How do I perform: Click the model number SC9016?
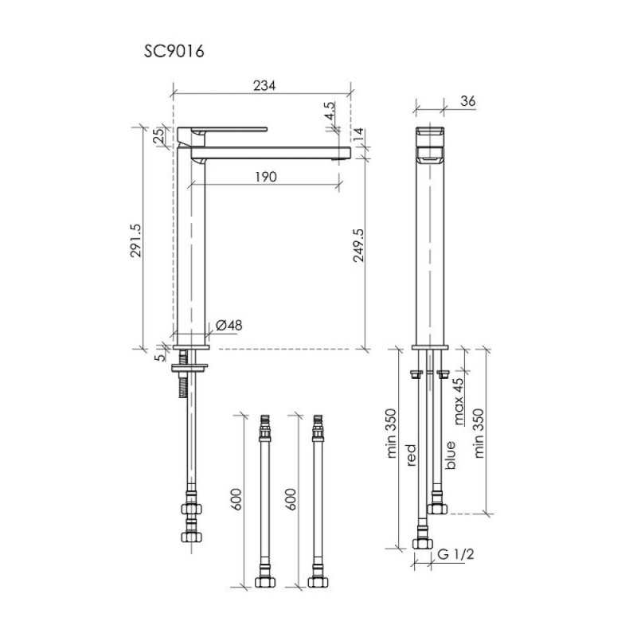174,52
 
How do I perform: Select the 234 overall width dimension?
264,86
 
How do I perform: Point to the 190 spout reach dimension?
266,177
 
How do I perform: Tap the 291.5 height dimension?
135,240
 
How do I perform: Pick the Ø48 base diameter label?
229,325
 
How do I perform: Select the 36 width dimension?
468,101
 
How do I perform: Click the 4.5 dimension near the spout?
330,111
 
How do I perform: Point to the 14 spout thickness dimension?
358,135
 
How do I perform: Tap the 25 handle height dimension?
160,135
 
